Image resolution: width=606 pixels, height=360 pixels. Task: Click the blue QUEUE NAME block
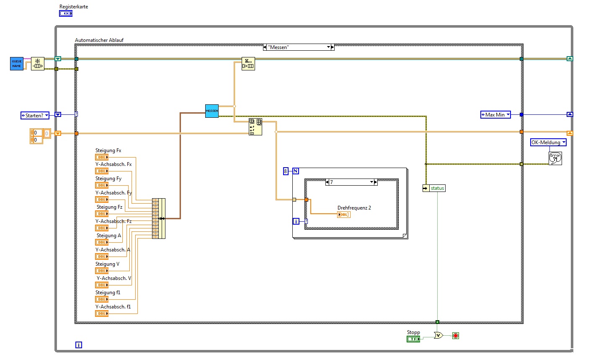click(x=17, y=64)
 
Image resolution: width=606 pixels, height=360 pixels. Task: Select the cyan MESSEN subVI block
click(x=212, y=111)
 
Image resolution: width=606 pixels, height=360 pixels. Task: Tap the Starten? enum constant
click(x=35, y=115)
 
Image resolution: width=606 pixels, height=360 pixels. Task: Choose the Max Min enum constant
click(x=495, y=114)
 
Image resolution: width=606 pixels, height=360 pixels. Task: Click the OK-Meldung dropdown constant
click(x=548, y=142)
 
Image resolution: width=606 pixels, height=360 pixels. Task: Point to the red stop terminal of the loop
click(x=456, y=336)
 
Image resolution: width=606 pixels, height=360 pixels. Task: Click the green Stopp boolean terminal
click(x=413, y=339)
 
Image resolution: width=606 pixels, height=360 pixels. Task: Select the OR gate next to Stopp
click(x=438, y=335)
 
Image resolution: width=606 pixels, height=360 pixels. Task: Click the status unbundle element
click(x=437, y=188)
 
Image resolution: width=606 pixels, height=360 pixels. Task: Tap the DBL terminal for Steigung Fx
click(x=102, y=157)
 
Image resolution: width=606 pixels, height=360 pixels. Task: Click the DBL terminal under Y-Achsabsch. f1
click(x=102, y=313)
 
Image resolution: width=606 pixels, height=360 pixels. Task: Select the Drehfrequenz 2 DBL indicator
click(x=343, y=215)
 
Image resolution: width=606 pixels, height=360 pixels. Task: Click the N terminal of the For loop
click(x=296, y=171)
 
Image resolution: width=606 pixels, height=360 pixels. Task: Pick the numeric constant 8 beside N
click(x=286, y=171)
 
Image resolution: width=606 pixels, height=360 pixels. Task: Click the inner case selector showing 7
click(x=351, y=182)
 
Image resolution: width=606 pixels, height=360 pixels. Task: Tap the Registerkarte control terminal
click(x=66, y=13)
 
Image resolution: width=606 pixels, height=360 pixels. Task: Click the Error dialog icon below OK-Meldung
click(x=555, y=158)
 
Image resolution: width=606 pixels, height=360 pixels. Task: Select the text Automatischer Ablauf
click(x=99, y=40)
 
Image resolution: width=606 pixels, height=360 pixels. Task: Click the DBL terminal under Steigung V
click(x=102, y=271)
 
